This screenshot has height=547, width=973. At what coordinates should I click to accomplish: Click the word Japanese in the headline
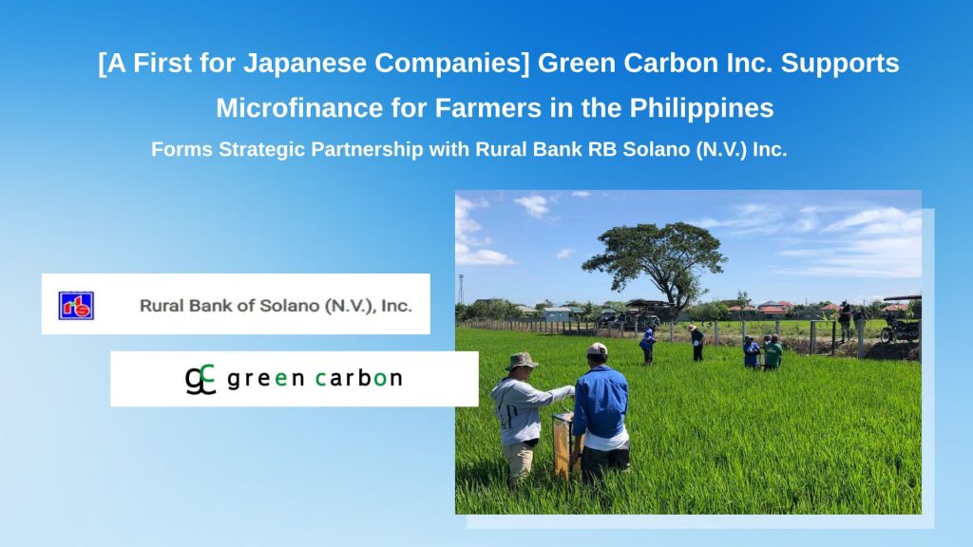point(305,64)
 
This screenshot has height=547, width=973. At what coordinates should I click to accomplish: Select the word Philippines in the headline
point(702,109)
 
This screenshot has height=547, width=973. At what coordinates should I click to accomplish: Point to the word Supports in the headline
point(840,64)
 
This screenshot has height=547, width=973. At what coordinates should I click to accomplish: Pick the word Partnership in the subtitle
point(367,149)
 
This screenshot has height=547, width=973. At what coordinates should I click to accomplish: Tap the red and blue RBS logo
point(76,306)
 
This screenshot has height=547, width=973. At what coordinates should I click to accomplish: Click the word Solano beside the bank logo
point(289,305)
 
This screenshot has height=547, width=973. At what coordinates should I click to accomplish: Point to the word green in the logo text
point(266,379)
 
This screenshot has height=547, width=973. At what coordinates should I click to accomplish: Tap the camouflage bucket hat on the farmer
point(522,361)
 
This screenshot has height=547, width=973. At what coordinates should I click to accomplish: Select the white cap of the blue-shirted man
point(597,349)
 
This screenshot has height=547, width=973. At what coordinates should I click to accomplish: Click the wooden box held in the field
point(566,446)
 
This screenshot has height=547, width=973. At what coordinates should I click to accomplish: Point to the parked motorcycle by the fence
point(900,330)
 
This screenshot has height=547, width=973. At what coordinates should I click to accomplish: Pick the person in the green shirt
point(773,352)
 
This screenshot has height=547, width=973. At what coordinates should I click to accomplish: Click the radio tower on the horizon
point(461,289)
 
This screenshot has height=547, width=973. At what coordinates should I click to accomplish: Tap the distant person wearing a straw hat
point(696,342)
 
